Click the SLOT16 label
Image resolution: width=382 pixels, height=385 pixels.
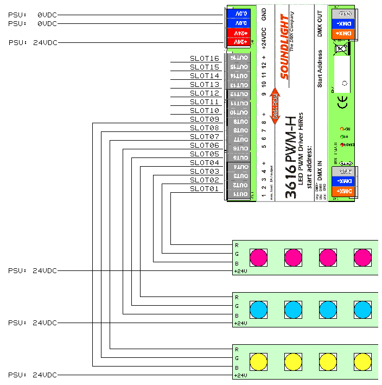coord(205,58)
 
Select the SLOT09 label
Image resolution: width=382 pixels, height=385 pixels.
coord(205,119)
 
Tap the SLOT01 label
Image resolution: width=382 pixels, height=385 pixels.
coord(205,188)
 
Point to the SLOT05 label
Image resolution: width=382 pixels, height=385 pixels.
coord(205,154)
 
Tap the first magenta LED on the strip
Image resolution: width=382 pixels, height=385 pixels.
coord(258,256)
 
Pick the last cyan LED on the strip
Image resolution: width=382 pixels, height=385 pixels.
coord(362,309)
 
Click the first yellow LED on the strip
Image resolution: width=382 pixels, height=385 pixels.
coord(258,361)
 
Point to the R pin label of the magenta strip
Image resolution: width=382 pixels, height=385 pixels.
coord(237,245)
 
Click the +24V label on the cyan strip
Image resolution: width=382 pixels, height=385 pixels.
coord(240,323)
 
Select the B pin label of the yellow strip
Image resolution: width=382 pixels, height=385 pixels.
coord(237,367)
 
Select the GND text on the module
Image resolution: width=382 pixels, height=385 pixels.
coord(264,15)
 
